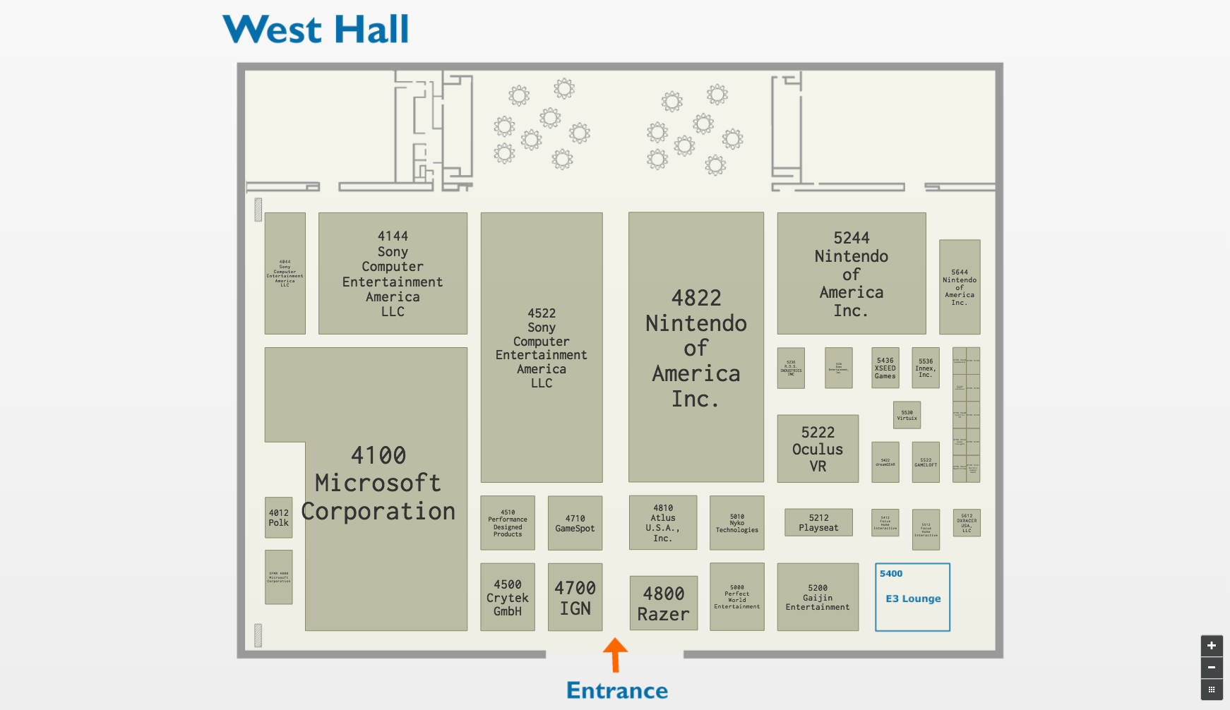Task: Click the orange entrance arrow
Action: [x=615, y=654]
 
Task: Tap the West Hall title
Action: [x=316, y=30]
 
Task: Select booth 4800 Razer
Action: [x=664, y=603]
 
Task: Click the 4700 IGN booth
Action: [x=575, y=597]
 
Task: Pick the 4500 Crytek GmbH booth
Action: [x=508, y=597]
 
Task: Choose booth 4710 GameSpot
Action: [x=575, y=523]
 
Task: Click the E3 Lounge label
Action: [x=913, y=598]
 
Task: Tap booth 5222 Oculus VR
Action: [x=818, y=449]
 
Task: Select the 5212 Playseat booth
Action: [x=818, y=522]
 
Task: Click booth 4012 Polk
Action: [x=279, y=517]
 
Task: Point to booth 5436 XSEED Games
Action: [x=885, y=368]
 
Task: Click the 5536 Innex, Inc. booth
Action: [x=926, y=368]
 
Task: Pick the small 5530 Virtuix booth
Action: [x=907, y=415]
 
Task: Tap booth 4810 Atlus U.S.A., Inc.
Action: [x=663, y=523]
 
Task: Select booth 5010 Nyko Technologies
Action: [x=737, y=523]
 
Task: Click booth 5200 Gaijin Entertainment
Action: [x=818, y=597]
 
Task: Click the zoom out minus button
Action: [x=1212, y=668]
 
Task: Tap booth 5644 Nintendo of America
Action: [x=960, y=287]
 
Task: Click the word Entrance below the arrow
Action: [x=617, y=690]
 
